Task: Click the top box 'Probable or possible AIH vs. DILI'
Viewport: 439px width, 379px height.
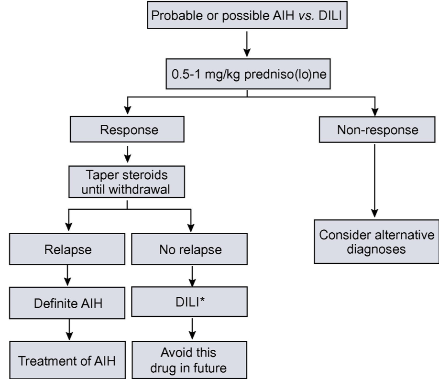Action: pos(247,15)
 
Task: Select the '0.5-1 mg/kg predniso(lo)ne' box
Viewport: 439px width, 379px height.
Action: pos(248,74)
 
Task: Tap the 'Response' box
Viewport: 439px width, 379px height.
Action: pos(127,130)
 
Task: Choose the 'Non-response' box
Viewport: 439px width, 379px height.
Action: pos(377,130)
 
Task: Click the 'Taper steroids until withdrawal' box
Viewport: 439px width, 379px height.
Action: pos(127,182)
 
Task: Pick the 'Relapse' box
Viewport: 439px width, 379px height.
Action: pos(67,249)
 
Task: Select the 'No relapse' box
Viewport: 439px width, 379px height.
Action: pos(189,249)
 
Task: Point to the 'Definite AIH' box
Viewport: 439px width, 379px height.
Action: pos(67,303)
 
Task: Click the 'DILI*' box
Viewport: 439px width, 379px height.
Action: pos(189,302)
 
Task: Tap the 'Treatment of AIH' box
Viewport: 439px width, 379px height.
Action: pos(67,360)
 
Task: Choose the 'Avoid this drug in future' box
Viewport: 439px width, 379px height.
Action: pos(189,360)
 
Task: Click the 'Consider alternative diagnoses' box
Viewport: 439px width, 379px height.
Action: pos(376,241)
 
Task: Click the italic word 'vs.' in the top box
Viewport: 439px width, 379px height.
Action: pos(306,15)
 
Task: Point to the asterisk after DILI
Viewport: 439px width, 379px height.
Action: pos(202,300)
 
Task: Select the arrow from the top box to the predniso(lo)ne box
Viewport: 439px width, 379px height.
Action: pos(247,44)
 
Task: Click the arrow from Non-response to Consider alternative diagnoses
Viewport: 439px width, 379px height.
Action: pos(374,181)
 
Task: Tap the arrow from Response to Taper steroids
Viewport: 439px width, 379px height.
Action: pos(127,154)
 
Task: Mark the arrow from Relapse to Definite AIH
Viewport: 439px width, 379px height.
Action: pos(67,276)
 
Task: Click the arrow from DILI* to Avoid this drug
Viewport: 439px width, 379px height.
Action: pos(192,329)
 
